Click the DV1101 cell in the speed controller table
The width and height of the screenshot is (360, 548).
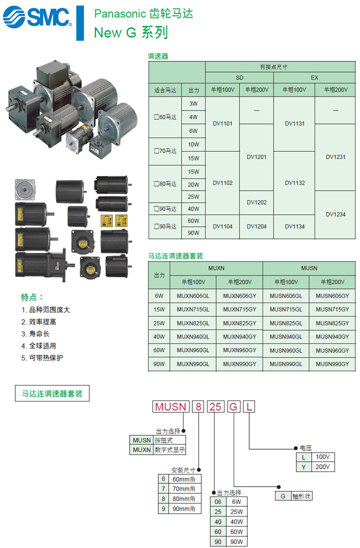(222, 123)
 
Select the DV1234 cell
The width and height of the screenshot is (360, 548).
(335, 214)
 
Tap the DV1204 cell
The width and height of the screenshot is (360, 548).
(256, 226)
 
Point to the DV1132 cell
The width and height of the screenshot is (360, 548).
(294, 183)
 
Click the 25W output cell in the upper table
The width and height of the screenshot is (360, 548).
(193, 196)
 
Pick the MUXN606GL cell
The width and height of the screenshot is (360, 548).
(193, 295)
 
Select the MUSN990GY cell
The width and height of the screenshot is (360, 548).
(332, 364)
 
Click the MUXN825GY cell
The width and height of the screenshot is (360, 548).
(239, 323)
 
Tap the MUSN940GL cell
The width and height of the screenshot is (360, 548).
(285, 336)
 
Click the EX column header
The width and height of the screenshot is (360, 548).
(314, 78)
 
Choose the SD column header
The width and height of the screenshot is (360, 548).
(239, 78)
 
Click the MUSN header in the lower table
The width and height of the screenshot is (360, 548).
(309, 268)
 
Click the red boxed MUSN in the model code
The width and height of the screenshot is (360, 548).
(170, 406)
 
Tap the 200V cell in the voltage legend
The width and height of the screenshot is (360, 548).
(323, 467)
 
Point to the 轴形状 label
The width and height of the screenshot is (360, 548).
(301, 496)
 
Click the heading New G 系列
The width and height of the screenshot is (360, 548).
(131, 33)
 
